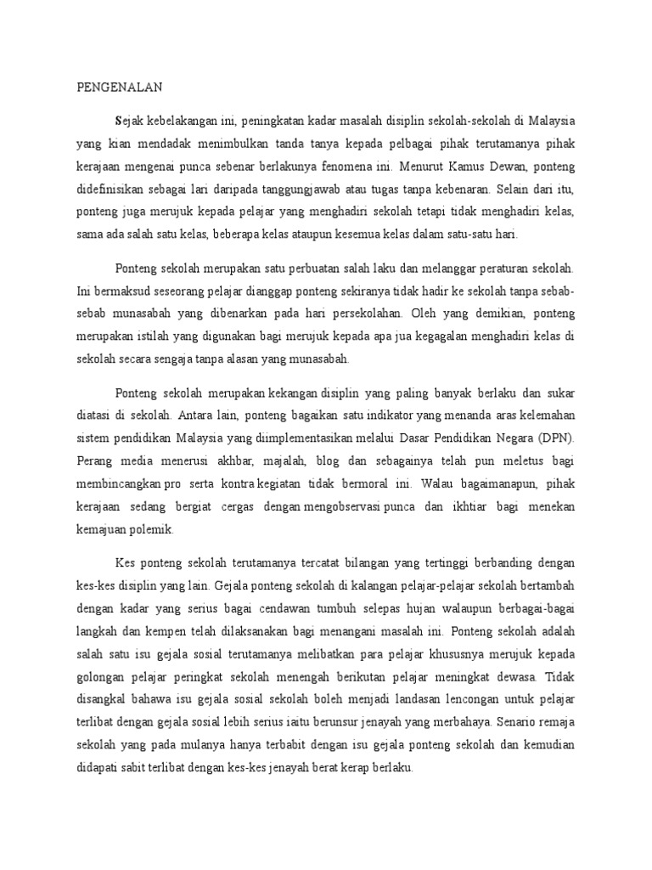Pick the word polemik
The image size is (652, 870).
pos(153,529)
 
